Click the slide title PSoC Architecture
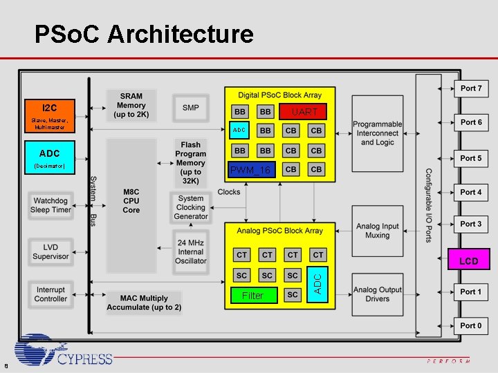click(144, 33)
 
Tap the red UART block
click(304, 111)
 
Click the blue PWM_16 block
click(250, 169)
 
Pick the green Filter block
click(252, 295)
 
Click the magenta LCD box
click(468, 260)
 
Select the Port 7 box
click(471, 88)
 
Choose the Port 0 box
click(471, 325)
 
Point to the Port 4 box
click(471, 192)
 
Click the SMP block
click(191, 107)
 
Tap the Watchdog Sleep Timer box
click(51, 205)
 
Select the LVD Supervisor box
click(51, 251)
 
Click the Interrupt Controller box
click(51, 294)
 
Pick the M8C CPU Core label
click(131, 200)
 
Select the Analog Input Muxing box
click(377, 231)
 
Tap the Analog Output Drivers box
click(377, 294)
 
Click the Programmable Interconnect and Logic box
click(377, 133)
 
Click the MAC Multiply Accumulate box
click(144, 303)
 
